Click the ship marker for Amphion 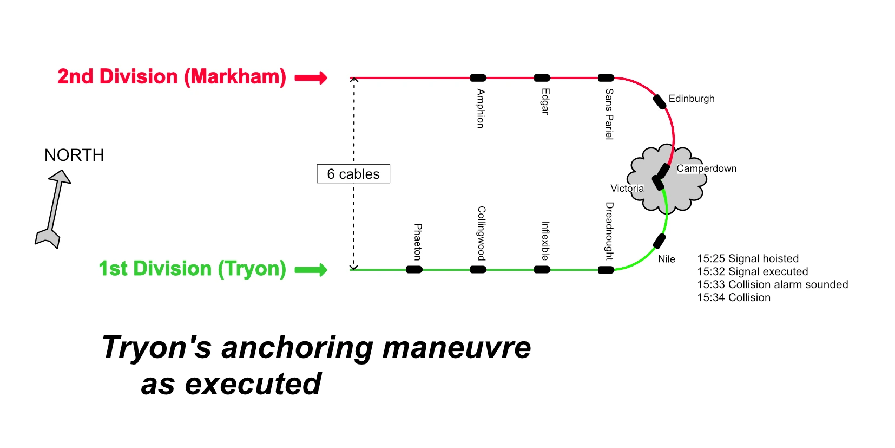point(478,77)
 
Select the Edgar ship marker point(542,77)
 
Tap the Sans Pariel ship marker point(606,77)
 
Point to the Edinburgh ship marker point(660,102)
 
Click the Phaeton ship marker point(414,270)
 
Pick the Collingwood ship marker point(478,270)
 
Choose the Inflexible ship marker point(542,270)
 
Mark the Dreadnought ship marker point(606,270)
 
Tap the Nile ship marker point(659,241)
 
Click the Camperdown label point(706,168)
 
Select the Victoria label point(627,188)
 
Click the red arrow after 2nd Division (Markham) point(311,77)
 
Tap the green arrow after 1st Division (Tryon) point(311,270)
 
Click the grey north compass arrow point(54,209)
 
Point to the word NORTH point(74,155)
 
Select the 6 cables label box point(353,173)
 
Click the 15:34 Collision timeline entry point(734,297)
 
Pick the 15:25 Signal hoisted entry point(748,258)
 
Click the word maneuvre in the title point(457,348)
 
